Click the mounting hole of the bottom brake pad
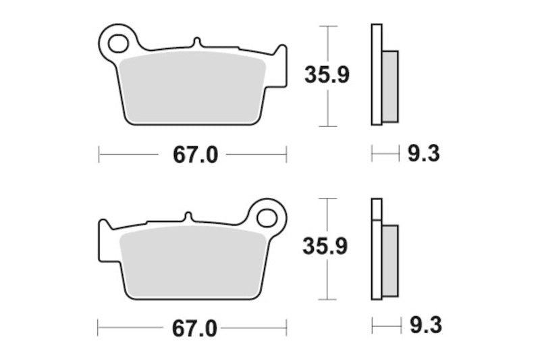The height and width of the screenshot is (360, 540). click(267, 218)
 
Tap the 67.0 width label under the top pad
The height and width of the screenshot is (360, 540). click(196, 155)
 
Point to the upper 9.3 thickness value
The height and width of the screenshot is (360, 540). click(423, 155)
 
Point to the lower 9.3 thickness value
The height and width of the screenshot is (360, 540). click(425, 328)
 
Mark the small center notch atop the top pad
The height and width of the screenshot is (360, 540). click(197, 43)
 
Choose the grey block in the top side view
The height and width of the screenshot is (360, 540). click(390, 86)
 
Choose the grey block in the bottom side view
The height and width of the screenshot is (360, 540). click(390, 259)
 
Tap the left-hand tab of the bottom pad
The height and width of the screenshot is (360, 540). click(105, 230)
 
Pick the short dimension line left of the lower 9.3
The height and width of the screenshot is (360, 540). click(385, 328)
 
